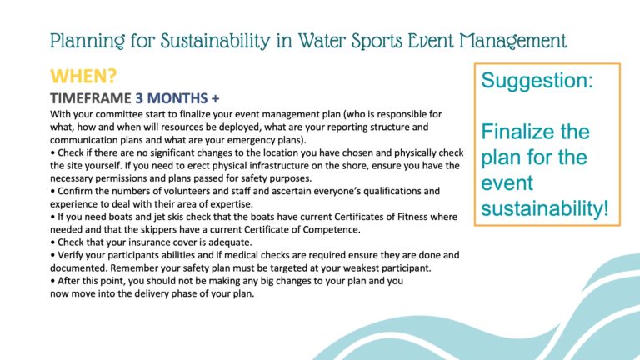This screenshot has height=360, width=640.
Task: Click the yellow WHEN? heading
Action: click(x=83, y=77)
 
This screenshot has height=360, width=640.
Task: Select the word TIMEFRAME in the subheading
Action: click(x=91, y=98)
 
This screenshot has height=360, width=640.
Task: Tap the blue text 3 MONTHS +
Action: click(x=177, y=98)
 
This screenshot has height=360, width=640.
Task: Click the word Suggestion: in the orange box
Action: click(x=537, y=81)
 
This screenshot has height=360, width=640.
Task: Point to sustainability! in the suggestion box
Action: click(x=545, y=208)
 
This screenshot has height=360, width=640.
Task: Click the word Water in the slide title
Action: click(x=322, y=41)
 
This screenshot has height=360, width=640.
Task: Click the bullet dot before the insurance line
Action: click(x=52, y=242)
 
